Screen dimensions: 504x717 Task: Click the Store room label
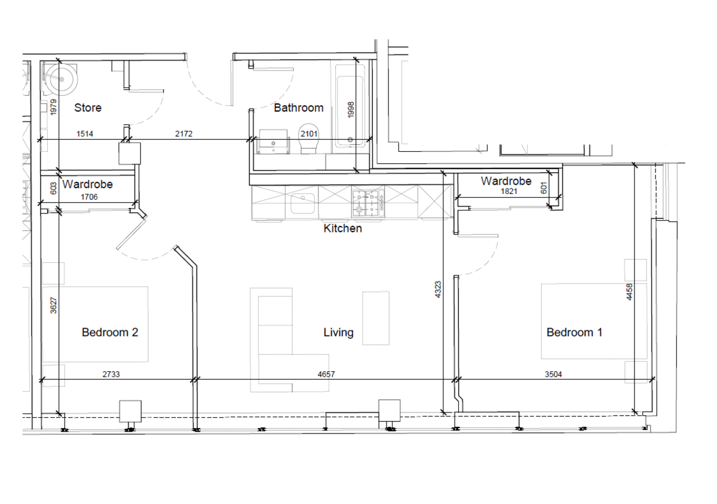click(x=87, y=108)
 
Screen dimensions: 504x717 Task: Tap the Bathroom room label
click(x=298, y=108)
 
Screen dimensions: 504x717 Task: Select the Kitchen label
click(x=342, y=228)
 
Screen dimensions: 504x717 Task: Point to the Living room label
click(x=338, y=332)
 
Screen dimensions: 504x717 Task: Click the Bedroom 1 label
click(x=574, y=332)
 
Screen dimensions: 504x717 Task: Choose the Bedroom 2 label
click(x=110, y=332)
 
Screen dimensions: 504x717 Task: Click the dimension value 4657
click(x=326, y=374)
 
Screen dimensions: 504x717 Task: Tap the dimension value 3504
click(x=553, y=374)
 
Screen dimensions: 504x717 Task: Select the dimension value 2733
click(x=111, y=374)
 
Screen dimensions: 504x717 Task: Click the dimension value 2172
click(x=183, y=135)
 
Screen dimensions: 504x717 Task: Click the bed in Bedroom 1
click(x=594, y=321)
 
